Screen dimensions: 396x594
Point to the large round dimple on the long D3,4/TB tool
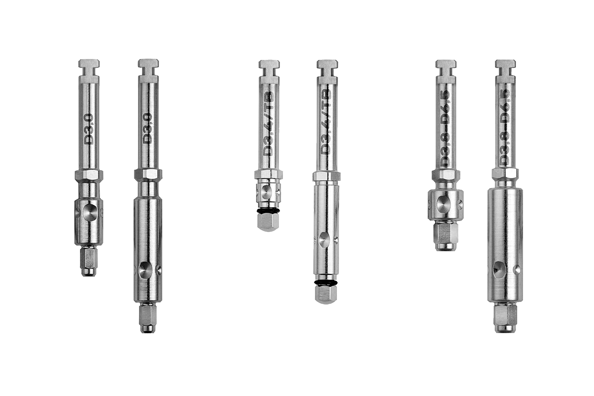(x=323, y=238)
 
